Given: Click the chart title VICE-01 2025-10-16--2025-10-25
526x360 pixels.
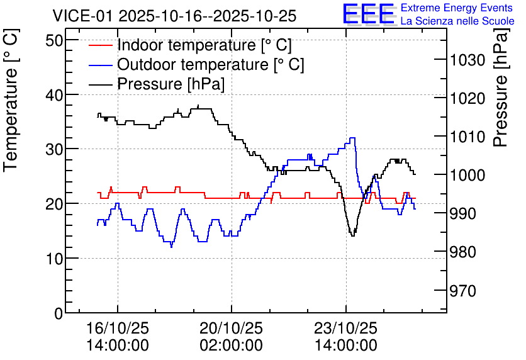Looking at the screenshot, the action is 174,16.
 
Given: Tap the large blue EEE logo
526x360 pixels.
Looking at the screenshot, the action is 368,14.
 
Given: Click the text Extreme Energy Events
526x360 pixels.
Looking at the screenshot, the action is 457,8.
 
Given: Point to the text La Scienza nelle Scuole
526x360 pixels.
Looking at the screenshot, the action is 457,21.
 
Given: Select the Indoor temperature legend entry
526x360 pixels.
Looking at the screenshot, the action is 190,45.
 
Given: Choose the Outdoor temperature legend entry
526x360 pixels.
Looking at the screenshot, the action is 196,64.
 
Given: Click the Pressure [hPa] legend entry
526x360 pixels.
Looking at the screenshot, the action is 157,84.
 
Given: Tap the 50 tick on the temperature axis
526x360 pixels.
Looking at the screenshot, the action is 54,40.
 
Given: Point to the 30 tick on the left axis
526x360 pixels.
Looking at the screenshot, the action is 54,149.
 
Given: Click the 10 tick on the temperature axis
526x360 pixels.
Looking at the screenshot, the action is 54,259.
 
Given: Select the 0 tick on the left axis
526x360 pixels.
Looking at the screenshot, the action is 59,313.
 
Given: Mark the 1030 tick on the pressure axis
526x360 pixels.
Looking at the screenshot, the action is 467,60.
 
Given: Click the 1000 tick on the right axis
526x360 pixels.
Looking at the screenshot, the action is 467,174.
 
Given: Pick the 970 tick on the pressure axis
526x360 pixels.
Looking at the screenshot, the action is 463,291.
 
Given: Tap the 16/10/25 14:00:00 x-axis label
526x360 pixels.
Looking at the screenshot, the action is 118,337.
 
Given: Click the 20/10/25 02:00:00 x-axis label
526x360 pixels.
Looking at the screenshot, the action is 231,337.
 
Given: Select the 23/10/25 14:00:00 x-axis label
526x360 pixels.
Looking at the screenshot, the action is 345,337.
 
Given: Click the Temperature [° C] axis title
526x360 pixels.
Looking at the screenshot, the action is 11,101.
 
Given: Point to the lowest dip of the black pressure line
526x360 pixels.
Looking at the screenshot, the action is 352,236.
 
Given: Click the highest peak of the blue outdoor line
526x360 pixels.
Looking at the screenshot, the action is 352,138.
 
